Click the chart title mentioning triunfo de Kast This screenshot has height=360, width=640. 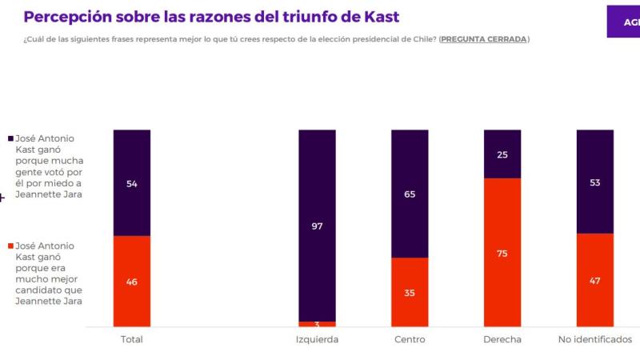click(211, 17)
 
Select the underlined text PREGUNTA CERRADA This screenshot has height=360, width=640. click(483, 39)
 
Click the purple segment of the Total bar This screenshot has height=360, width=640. click(132, 182)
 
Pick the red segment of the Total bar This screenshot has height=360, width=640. click(132, 281)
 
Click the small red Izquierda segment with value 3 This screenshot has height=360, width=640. click(318, 324)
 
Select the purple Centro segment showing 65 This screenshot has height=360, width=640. click(410, 193)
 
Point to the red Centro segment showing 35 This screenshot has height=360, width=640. click(410, 292)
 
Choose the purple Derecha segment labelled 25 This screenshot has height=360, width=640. click(502, 154)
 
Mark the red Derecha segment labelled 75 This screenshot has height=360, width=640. click(502, 252)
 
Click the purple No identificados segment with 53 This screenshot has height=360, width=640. click(595, 181)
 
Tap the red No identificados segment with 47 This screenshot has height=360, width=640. click(595, 280)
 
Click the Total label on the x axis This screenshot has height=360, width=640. click(132, 340)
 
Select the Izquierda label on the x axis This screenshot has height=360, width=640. click(317, 340)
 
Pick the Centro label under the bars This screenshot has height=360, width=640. click(410, 340)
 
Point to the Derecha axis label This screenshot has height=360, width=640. click(502, 340)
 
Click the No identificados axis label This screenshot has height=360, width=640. click(595, 340)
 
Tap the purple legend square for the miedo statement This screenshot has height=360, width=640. click(9, 138)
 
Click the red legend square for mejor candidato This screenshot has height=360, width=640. click(9, 246)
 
